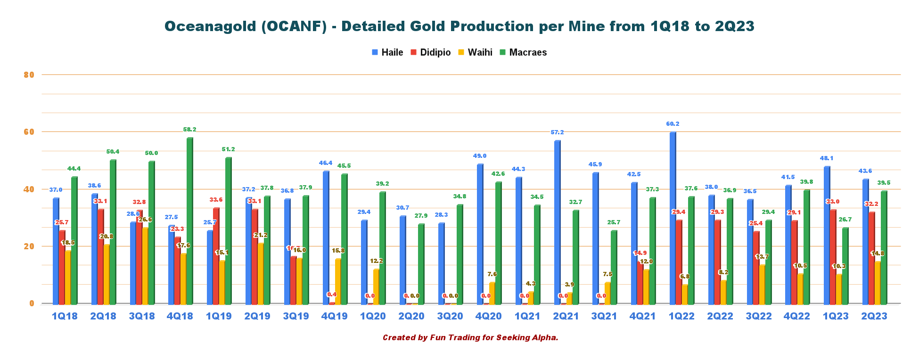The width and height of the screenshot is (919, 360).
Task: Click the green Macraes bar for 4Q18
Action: click(x=189, y=221)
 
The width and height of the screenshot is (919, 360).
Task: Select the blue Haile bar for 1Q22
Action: click(x=673, y=218)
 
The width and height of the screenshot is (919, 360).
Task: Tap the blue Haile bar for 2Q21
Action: click(x=557, y=222)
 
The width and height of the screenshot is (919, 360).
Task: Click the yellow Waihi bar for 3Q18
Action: click(x=145, y=266)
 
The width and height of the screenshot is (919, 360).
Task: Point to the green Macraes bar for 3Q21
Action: click(x=614, y=267)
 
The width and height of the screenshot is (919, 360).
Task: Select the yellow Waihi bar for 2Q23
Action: click(x=878, y=283)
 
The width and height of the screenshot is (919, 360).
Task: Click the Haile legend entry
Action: click(x=387, y=52)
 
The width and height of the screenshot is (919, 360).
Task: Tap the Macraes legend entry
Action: click(x=523, y=52)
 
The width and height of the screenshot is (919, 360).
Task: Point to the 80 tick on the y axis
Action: click(x=29, y=74)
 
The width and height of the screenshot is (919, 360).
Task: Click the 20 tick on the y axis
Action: click(x=29, y=246)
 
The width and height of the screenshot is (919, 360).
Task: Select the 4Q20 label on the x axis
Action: click(x=488, y=316)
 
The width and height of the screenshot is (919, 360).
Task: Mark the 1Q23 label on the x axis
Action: click(x=835, y=316)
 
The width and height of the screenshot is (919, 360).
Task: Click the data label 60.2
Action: click(x=673, y=124)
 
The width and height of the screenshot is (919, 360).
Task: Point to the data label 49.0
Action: click(x=480, y=156)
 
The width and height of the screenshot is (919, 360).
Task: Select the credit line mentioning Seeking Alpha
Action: click(x=470, y=337)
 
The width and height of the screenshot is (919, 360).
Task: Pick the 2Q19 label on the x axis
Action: click(x=257, y=316)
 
